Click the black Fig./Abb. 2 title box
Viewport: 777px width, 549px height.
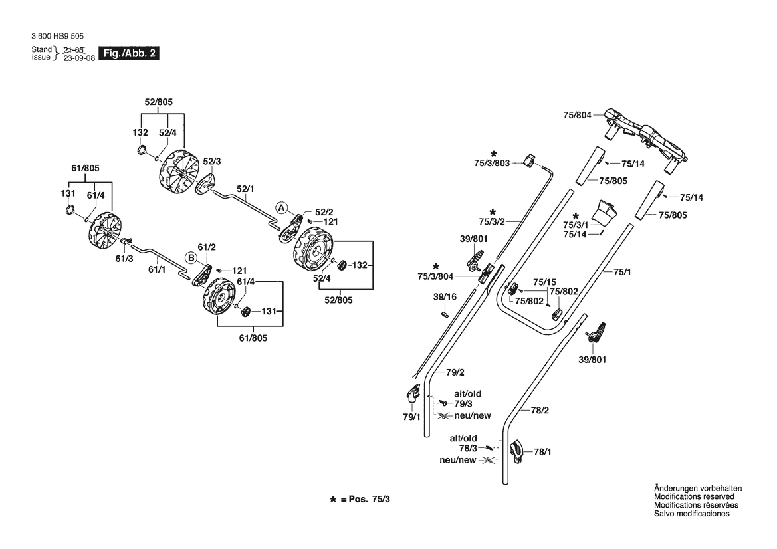click(x=129, y=53)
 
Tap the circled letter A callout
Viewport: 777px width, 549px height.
click(x=281, y=208)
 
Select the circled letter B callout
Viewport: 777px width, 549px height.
click(x=191, y=258)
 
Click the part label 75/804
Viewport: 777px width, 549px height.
click(x=578, y=115)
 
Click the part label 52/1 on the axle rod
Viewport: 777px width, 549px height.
click(x=245, y=189)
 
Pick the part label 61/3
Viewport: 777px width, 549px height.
click(x=124, y=258)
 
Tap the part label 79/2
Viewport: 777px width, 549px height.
click(x=455, y=372)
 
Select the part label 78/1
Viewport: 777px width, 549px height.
click(x=542, y=452)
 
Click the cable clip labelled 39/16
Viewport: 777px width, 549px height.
click(x=445, y=313)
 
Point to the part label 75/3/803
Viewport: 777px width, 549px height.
click(x=492, y=163)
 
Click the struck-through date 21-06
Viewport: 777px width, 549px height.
click(x=74, y=49)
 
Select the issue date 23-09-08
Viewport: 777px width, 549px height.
click(x=79, y=58)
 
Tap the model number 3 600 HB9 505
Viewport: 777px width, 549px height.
click(x=57, y=36)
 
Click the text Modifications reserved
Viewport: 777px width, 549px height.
click(x=694, y=496)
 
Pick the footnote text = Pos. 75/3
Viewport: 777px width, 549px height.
click(x=365, y=499)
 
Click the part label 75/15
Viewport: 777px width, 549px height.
click(x=544, y=282)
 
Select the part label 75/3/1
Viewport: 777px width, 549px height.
click(x=576, y=225)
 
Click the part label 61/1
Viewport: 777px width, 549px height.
click(x=157, y=269)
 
